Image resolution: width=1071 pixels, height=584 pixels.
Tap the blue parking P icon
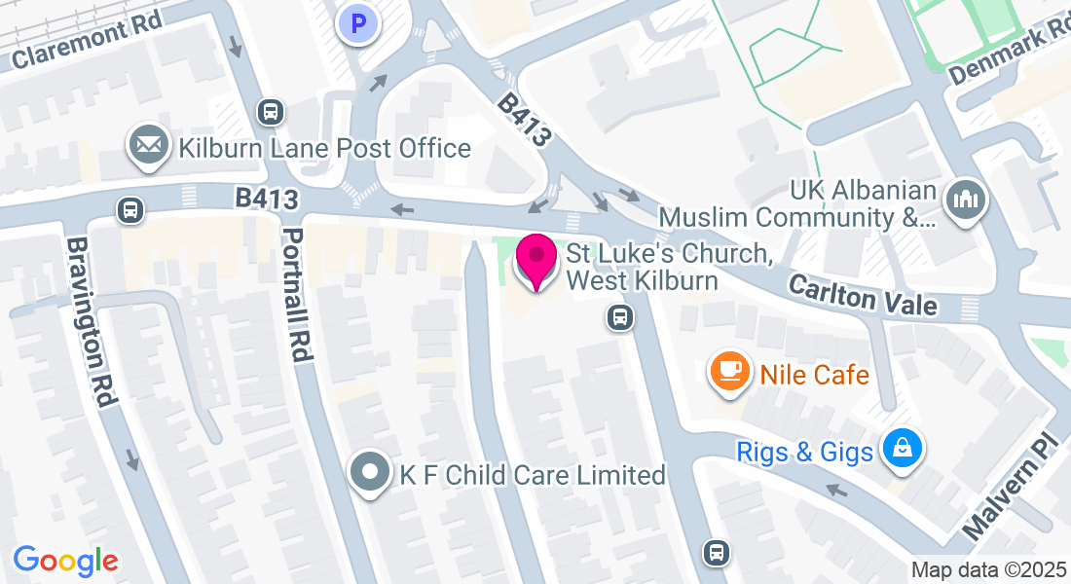[358, 24]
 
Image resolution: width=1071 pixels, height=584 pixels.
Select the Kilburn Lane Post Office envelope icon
[148, 146]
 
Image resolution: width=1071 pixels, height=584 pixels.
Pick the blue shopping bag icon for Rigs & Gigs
[903, 449]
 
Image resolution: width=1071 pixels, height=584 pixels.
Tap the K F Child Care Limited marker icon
[369, 473]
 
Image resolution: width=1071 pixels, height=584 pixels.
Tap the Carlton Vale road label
[863, 294]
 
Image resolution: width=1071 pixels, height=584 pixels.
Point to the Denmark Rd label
[1010, 52]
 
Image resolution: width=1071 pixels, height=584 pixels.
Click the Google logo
[65, 561]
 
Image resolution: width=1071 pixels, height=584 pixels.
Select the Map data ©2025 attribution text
[988, 570]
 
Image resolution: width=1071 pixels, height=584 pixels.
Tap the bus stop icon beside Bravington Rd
[129, 209]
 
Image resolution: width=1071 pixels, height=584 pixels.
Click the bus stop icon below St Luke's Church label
[618, 317]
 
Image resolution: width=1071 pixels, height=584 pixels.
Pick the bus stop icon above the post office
[271, 112]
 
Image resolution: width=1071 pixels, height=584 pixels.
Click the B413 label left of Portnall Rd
[266, 199]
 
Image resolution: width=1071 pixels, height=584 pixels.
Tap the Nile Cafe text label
[814, 374]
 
